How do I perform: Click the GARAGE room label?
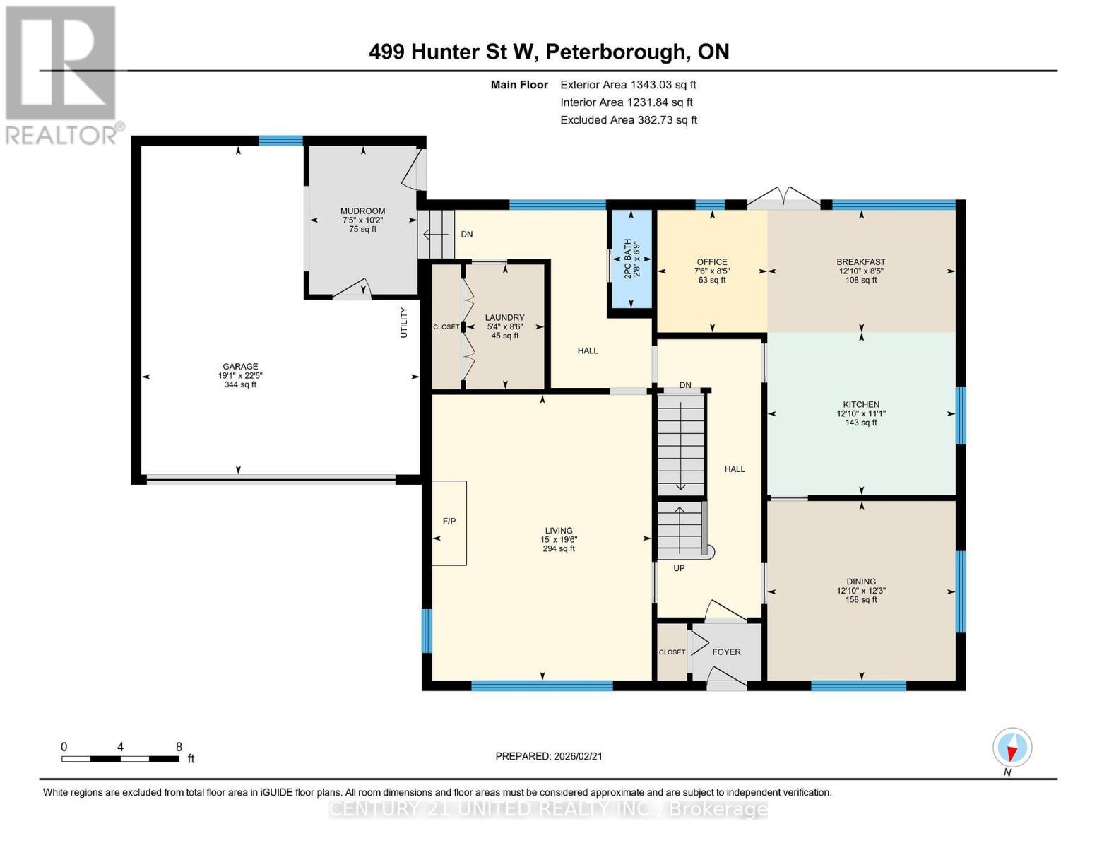pyautogui.click(x=240, y=366)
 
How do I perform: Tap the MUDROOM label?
pyautogui.click(x=362, y=211)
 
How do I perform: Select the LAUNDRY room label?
pyautogui.click(x=504, y=318)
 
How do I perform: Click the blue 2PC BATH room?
pyautogui.click(x=630, y=259)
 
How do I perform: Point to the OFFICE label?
pyautogui.click(x=711, y=262)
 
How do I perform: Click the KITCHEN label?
pyautogui.click(x=860, y=405)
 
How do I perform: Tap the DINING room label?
pyautogui.click(x=860, y=582)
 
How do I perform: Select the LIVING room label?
pyautogui.click(x=558, y=531)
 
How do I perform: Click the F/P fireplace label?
pyautogui.click(x=449, y=522)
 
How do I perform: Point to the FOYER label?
pyautogui.click(x=726, y=652)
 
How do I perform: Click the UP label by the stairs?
pyautogui.click(x=679, y=568)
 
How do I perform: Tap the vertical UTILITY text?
pyautogui.click(x=404, y=322)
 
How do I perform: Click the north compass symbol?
pyautogui.click(x=1012, y=748)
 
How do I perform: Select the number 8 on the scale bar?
pyautogui.click(x=179, y=747)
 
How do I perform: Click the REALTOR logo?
pyautogui.click(x=62, y=74)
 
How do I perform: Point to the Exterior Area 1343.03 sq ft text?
pyautogui.click(x=628, y=85)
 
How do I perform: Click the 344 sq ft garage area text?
pyautogui.click(x=240, y=384)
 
